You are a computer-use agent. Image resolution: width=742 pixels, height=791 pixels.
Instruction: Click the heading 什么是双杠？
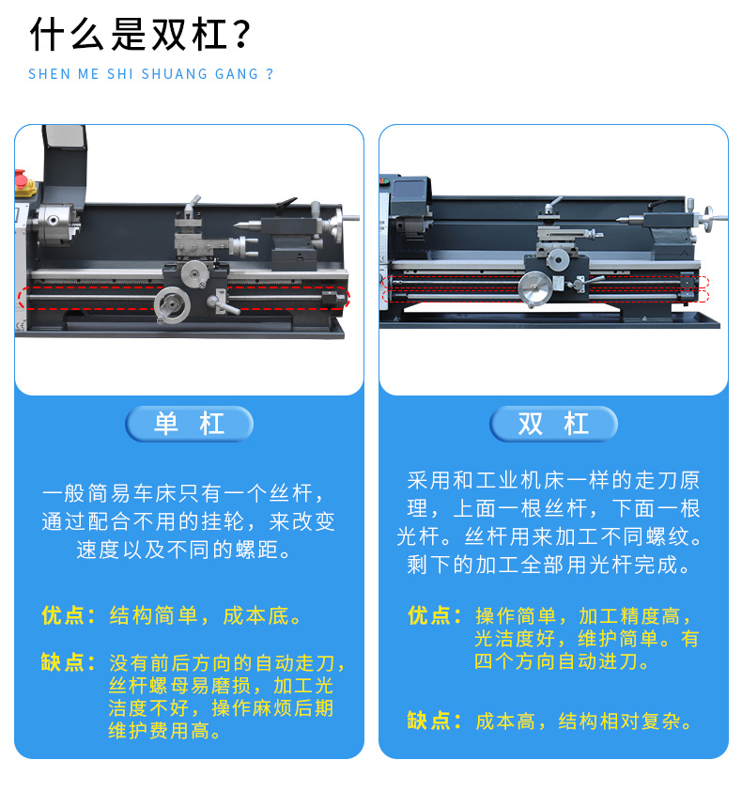coord(140,35)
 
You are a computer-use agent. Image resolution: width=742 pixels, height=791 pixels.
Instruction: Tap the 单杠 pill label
coord(189,424)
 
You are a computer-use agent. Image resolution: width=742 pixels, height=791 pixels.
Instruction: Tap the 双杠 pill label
coord(553,424)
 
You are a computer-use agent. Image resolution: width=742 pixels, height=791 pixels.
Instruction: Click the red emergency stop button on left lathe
coord(21,178)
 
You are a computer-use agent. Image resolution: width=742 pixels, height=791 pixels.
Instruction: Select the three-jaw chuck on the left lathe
coord(56,224)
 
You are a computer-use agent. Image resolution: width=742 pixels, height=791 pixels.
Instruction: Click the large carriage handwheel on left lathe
coord(172,304)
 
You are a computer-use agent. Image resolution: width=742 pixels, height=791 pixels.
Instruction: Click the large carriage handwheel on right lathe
coord(535,288)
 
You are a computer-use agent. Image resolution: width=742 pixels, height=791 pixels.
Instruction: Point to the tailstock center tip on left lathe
coord(236,226)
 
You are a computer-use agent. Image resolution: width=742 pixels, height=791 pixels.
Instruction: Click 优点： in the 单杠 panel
coord(69,616)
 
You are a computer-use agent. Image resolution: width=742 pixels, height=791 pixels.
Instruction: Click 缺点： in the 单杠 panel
coord(69,662)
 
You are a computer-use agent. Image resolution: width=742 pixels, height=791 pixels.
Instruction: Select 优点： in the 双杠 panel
coord(434,616)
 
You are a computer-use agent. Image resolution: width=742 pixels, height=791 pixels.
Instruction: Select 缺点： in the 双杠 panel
coord(434,721)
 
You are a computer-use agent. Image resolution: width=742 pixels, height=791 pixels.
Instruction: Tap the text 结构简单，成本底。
coord(206,616)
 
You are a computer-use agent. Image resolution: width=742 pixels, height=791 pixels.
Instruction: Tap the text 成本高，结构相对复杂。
coord(583,721)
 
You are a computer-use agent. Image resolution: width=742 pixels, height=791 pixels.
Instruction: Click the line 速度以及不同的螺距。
coord(184,550)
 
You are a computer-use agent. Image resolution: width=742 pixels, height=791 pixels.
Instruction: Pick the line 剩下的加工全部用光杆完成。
coord(549,565)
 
